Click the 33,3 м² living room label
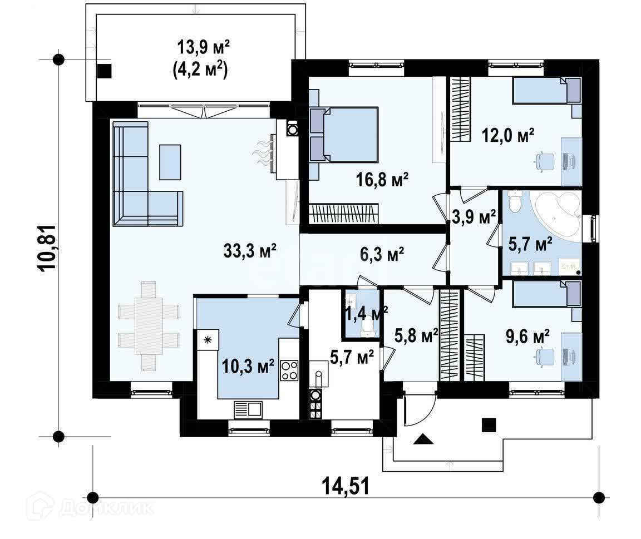click(250, 250)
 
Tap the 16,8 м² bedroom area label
click(382, 179)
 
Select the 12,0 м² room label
click(508, 135)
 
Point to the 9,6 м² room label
click(527, 337)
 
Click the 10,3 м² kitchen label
click(248, 366)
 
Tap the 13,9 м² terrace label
click(203, 47)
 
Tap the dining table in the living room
click(149, 326)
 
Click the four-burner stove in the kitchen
click(289, 370)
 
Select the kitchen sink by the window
click(248, 409)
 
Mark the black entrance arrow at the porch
click(423, 439)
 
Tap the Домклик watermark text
click(106, 507)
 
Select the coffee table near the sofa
click(170, 162)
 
